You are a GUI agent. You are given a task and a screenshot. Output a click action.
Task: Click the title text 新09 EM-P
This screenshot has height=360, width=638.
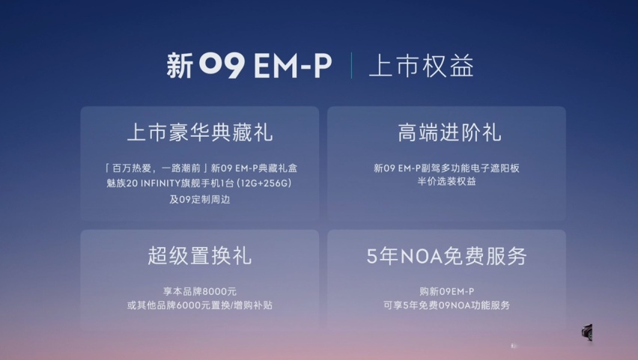(x=249, y=65)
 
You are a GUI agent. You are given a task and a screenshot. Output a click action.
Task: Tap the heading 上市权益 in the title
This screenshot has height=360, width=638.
(x=421, y=66)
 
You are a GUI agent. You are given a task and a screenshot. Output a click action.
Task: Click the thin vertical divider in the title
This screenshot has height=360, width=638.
(x=351, y=65)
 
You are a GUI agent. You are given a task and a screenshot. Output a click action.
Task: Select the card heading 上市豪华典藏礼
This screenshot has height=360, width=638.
(x=200, y=132)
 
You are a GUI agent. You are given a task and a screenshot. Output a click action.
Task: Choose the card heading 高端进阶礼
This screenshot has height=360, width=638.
(x=449, y=132)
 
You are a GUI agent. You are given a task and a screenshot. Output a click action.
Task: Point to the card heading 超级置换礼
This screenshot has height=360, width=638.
(x=200, y=256)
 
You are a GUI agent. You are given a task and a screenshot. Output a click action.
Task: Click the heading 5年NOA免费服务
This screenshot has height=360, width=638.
(x=447, y=256)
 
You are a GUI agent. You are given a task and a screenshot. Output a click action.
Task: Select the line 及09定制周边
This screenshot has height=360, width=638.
(x=200, y=199)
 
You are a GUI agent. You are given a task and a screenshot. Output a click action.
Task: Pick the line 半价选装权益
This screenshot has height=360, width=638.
(x=447, y=181)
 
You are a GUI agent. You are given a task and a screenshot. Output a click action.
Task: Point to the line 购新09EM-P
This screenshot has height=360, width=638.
(x=447, y=292)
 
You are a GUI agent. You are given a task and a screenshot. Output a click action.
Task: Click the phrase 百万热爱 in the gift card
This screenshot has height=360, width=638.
(x=132, y=168)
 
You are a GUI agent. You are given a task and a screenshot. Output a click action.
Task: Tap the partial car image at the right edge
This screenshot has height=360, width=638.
(x=587, y=332)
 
